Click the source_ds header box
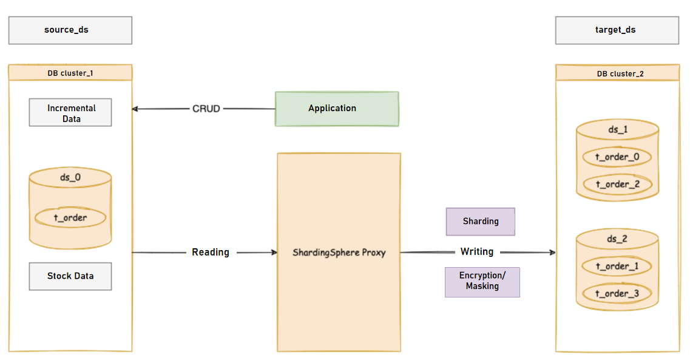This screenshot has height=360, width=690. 70,30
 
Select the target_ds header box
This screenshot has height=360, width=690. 617,30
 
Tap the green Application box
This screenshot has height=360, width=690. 337,109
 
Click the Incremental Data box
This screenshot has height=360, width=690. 70,113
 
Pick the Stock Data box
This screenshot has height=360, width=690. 70,276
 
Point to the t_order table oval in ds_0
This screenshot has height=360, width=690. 70,217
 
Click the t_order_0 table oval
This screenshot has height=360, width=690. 617,157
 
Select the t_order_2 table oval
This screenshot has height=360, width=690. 617,185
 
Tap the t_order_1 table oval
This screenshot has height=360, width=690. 617,267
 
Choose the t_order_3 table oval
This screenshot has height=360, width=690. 617,294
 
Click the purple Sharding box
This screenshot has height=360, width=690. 481,222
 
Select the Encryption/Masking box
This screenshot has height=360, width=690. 482,282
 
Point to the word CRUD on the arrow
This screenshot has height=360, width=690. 206,109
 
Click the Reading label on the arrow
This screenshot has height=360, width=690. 211,252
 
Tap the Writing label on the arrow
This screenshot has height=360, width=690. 477,252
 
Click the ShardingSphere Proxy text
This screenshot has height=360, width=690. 339,253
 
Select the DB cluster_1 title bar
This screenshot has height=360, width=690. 70,73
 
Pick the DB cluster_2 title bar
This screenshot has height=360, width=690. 617,73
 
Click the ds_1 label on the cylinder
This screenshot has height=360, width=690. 617,129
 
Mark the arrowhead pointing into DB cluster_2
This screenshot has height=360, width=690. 552,253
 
